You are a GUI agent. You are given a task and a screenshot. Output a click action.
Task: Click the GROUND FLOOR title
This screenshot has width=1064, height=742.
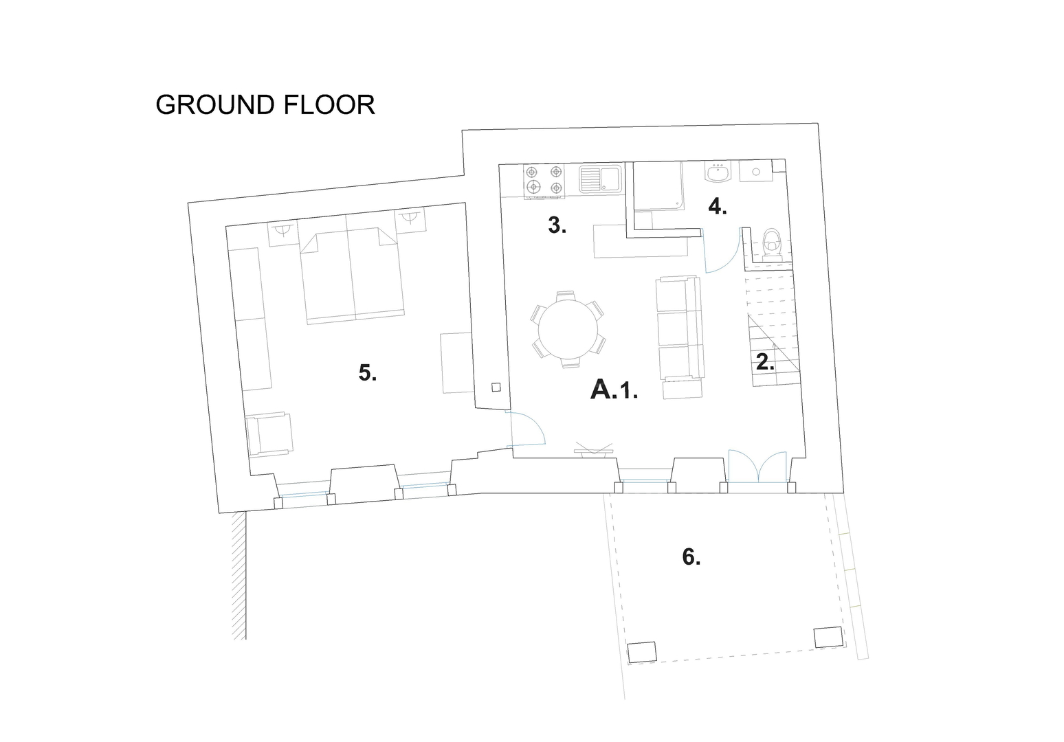(265, 105)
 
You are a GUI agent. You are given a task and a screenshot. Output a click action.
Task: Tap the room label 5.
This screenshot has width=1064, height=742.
(367, 372)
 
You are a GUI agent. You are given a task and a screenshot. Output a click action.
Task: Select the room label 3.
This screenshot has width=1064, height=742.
(557, 225)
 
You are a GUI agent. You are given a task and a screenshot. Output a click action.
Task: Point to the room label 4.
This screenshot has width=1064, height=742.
(718, 207)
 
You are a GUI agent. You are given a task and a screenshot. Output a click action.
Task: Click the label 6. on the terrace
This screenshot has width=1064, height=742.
(691, 557)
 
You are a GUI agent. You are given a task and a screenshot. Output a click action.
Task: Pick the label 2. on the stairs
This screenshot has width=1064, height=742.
(765, 362)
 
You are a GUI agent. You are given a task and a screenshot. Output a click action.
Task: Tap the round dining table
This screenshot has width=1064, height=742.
(568, 329)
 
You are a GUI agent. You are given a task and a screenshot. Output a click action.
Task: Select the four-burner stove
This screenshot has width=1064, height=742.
(544, 181)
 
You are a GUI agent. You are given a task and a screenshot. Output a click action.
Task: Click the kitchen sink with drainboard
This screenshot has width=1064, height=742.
(601, 179)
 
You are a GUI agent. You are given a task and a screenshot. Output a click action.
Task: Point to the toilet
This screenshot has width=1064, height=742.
(771, 244)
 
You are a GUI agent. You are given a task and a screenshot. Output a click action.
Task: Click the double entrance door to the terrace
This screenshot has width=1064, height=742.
(758, 467)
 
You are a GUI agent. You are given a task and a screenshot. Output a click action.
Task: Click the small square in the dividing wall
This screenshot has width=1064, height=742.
(496, 387)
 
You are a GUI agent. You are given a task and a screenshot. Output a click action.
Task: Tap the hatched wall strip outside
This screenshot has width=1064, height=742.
(239, 576)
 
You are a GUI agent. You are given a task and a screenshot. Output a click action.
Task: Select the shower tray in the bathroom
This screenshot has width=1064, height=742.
(658, 186)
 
